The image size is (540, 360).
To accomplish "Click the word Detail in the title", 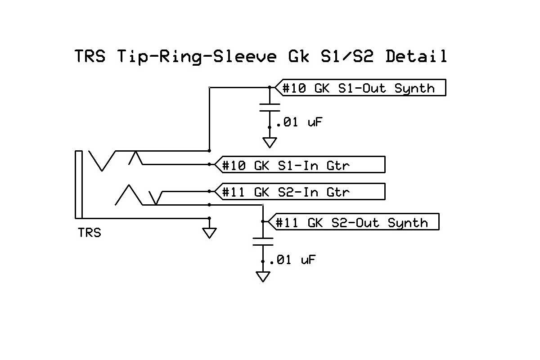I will click(x=416, y=57).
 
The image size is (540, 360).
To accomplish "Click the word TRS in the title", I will click(x=90, y=57).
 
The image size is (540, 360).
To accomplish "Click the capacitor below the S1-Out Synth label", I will click(x=270, y=108).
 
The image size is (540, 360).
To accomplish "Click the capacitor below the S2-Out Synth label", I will click(x=262, y=241).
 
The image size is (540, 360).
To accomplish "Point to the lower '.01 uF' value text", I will click(x=291, y=260).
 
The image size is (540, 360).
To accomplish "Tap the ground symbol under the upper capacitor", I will click(x=270, y=142).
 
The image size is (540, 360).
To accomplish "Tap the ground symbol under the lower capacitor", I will click(x=262, y=276).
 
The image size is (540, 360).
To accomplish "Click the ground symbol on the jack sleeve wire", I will click(x=209, y=232).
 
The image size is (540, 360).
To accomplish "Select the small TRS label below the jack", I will click(x=90, y=233).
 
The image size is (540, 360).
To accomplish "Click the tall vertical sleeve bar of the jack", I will click(x=79, y=184).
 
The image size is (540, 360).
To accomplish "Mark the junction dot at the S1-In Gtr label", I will click(x=209, y=165).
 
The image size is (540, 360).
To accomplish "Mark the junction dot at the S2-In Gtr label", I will click(x=209, y=191).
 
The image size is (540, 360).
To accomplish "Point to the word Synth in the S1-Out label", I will click(x=414, y=88).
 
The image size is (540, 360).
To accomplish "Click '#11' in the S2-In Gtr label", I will click(x=234, y=192).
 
